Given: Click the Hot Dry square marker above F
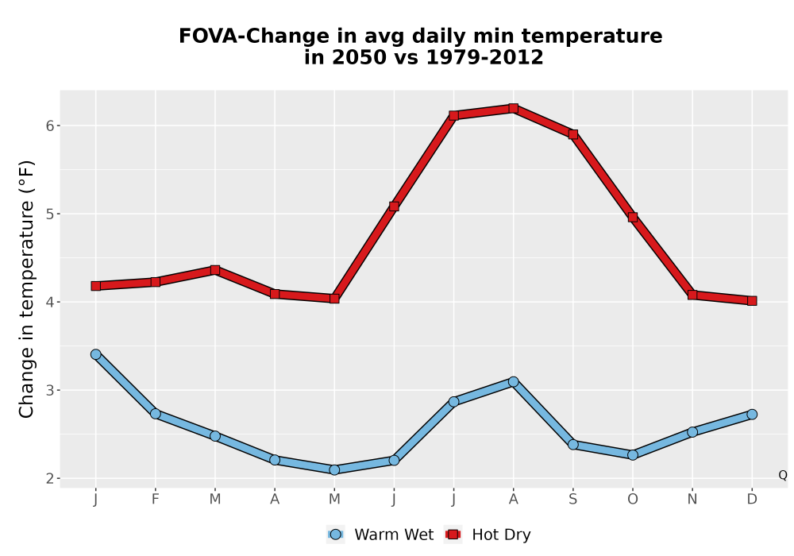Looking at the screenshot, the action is point(156,281).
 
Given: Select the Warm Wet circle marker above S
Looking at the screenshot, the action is point(572,445).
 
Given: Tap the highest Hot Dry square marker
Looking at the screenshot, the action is point(513,108).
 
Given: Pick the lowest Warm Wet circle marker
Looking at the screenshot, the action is point(334,470).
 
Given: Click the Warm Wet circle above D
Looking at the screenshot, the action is point(752,414).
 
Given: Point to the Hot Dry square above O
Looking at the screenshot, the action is point(633,217).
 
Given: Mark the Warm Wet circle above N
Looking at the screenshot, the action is point(692,432).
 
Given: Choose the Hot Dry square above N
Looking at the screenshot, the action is point(692,295).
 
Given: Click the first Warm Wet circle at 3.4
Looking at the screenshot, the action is point(96,354).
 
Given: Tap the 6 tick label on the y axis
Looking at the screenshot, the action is point(49,125).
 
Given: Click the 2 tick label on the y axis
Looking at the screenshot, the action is point(49,478).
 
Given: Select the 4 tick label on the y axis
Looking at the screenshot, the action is point(49,302).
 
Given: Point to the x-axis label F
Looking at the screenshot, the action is point(156,500).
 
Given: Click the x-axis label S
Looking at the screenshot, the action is point(572,500).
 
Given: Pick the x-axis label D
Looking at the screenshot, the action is point(752,500).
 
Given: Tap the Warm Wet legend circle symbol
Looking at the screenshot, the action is point(335,535).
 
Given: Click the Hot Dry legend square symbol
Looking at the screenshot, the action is point(453,535).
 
